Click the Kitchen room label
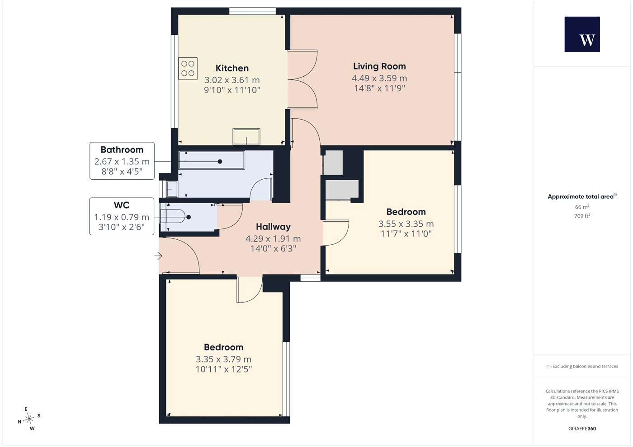pos(232,68)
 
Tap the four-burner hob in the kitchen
pos(188,68)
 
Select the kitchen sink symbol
pos(246,136)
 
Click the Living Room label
pos(379,66)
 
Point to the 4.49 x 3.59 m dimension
pos(379,78)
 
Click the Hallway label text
pos(273,227)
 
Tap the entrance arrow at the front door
pos(158,256)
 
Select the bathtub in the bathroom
pos(212,160)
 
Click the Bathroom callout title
pos(122,149)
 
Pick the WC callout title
pos(122,205)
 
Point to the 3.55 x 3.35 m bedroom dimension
pos(406,224)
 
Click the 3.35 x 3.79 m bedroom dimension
pos(223,359)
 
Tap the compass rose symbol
pos(29,419)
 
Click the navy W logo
pos(582,34)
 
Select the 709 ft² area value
pos(582,216)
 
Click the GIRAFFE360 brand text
pos(582,428)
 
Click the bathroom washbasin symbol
pos(172,189)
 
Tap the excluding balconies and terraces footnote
pos(582,366)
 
